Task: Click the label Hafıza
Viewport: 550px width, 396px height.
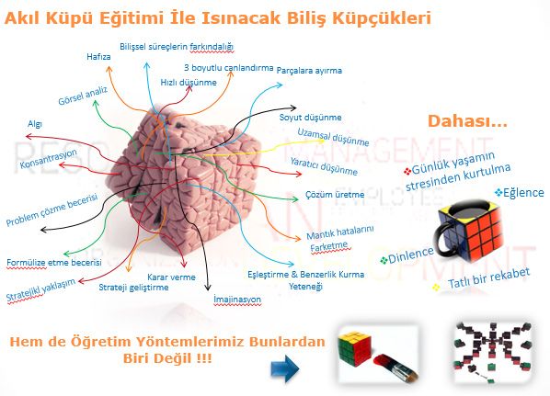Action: point(98,56)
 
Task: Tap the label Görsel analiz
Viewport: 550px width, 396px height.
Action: point(83,96)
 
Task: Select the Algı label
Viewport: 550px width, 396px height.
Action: point(35,124)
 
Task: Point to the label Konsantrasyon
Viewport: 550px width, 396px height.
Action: point(48,159)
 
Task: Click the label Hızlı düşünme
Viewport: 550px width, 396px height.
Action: point(189,83)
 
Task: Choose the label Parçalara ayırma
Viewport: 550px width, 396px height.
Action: point(309,71)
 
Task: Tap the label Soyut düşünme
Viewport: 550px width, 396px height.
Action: point(310,117)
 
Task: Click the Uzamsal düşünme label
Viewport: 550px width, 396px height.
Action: point(333,137)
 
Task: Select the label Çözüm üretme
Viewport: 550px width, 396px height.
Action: point(335,195)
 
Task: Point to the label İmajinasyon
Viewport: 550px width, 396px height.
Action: point(237,300)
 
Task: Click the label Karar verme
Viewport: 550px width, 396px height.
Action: point(171,277)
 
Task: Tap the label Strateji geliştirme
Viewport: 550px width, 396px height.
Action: point(133,288)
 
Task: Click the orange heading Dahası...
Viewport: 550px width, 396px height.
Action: point(467,121)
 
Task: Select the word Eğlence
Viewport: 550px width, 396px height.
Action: point(523,192)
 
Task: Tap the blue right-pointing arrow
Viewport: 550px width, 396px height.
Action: point(284,369)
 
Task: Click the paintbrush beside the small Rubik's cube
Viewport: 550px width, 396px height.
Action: point(395,368)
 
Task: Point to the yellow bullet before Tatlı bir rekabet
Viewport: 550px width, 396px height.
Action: point(436,288)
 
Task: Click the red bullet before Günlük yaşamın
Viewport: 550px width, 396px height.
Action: point(407,172)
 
